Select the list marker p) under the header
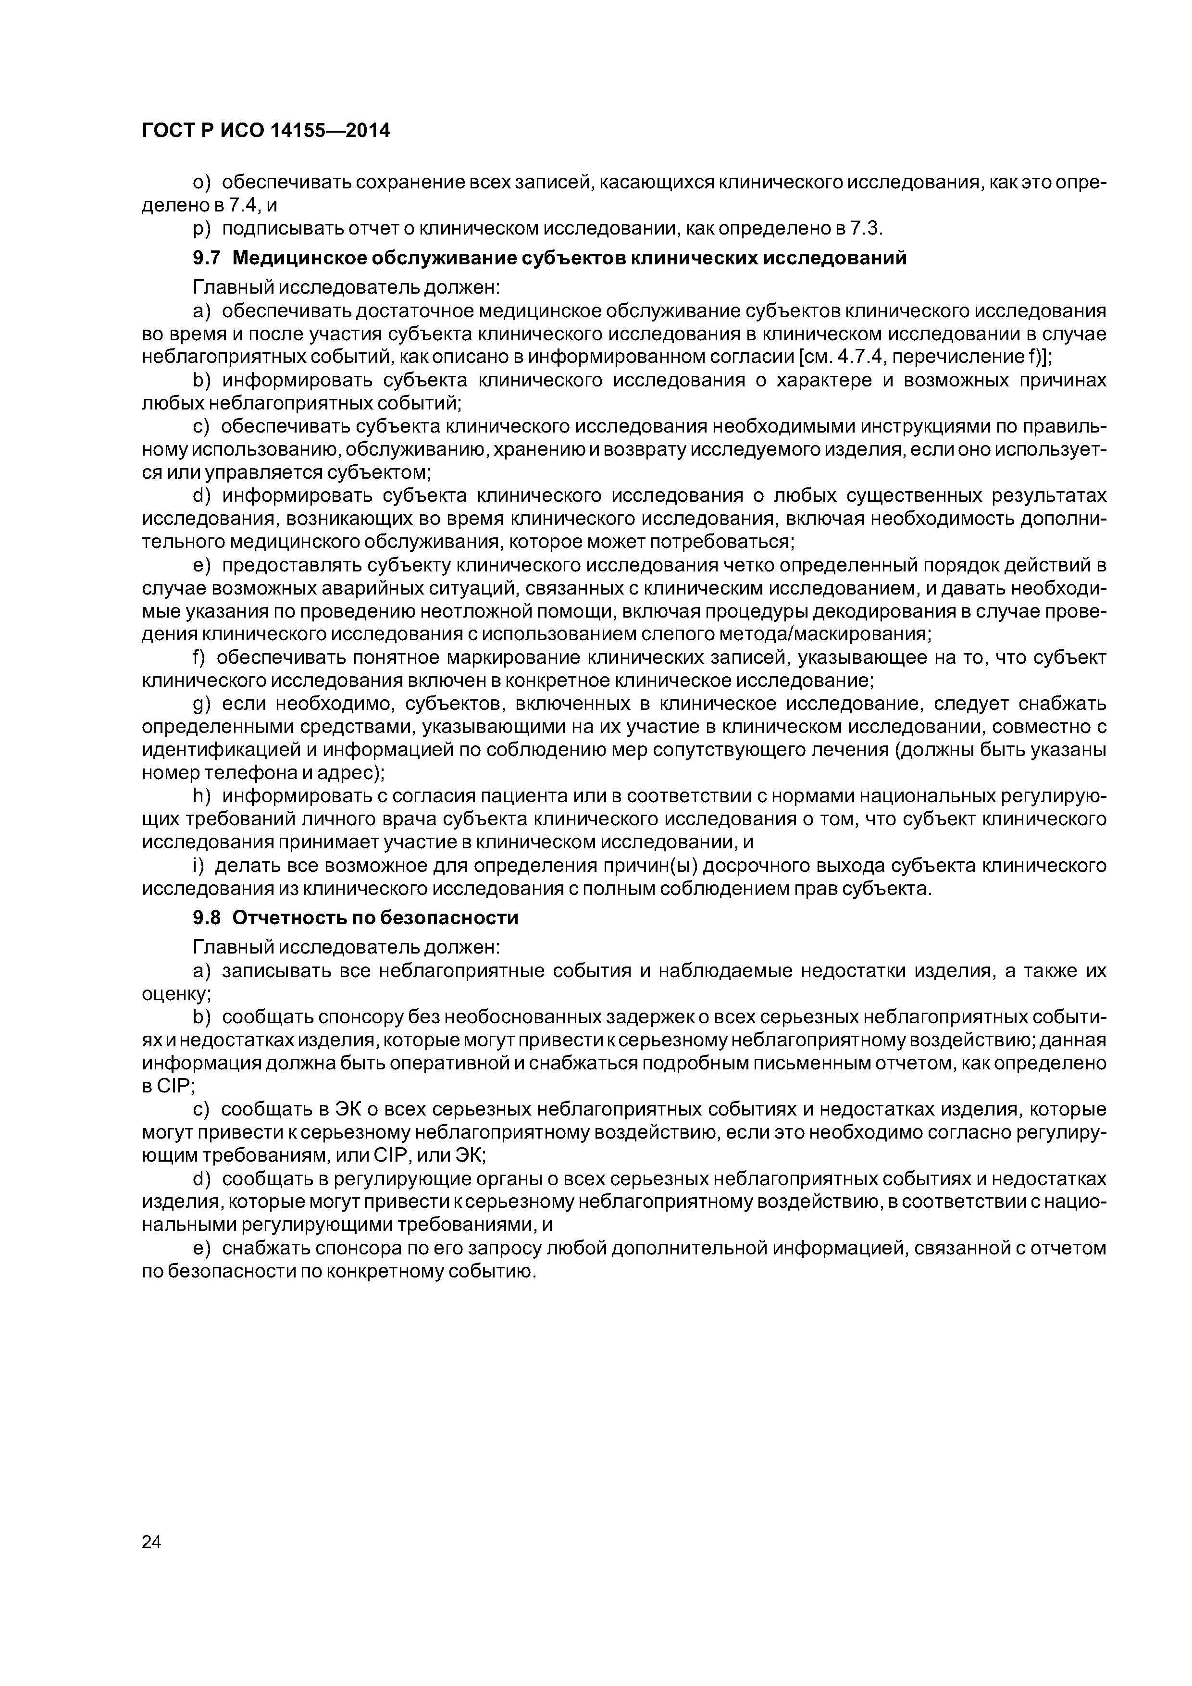201,228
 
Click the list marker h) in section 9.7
201,797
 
